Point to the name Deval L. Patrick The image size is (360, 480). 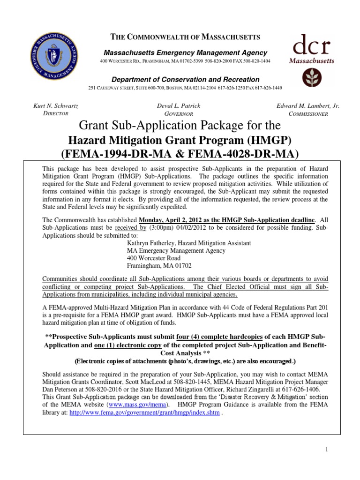pos(180,106)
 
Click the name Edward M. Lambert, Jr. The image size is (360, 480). pos(308,106)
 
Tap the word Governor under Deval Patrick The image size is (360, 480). pos(180,114)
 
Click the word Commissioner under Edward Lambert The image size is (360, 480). pos(308,114)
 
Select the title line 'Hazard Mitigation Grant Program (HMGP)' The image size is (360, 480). pos(180,140)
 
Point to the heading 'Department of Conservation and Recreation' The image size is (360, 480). pos(180,80)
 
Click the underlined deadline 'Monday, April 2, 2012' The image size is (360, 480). pos(171,220)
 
